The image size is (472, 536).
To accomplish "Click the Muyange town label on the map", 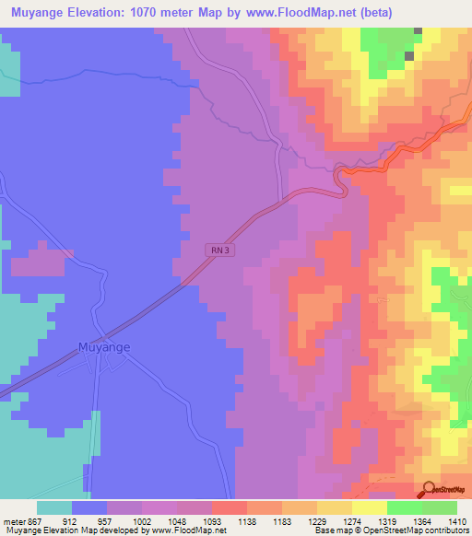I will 102,347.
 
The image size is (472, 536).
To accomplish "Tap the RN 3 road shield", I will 217,249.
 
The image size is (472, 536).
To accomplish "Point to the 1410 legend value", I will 457,520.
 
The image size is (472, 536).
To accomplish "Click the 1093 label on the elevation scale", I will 212,520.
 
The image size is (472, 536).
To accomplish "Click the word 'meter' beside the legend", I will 15,520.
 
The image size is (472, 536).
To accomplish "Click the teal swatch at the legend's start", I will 54,507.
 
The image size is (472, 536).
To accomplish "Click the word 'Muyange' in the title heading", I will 41,13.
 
